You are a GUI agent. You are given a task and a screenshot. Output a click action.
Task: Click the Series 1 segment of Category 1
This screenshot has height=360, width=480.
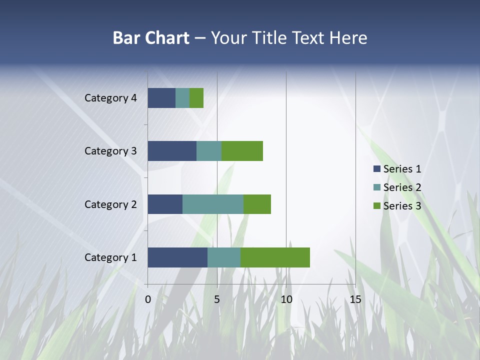click(177, 257)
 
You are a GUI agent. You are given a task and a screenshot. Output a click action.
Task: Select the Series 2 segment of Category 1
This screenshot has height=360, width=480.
click(224, 257)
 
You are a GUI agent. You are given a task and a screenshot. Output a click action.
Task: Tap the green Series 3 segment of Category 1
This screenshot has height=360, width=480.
click(275, 257)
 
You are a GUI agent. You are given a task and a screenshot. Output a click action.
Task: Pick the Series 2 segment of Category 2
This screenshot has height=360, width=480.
click(213, 204)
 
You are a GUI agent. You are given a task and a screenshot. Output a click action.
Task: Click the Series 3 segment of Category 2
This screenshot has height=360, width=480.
click(257, 204)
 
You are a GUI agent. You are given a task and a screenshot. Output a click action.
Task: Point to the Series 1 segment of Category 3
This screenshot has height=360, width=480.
click(172, 151)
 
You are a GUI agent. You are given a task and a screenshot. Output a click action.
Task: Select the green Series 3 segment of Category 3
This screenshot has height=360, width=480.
click(242, 151)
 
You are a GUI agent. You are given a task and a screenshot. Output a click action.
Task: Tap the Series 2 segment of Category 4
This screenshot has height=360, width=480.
click(182, 98)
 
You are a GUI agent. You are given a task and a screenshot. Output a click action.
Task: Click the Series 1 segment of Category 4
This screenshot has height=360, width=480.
click(161, 98)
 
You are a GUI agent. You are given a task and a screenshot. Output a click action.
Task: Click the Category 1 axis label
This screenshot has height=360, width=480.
click(110, 257)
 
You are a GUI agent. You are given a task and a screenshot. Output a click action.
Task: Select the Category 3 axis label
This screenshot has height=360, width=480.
click(110, 151)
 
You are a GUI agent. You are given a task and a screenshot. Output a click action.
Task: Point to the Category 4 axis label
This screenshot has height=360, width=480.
click(110, 98)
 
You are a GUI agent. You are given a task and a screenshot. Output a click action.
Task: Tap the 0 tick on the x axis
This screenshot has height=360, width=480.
click(148, 299)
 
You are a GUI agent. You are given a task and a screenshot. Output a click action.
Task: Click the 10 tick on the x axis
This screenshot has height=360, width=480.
click(286, 299)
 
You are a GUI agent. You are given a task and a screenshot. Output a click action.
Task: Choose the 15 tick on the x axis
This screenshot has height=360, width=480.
click(355, 299)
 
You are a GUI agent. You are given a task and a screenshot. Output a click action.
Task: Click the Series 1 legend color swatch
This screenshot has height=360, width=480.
click(376, 169)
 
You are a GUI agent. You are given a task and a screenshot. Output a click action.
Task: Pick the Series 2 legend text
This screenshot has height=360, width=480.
click(402, 187)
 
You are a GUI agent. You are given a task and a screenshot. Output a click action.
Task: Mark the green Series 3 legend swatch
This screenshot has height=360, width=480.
click(376, 206)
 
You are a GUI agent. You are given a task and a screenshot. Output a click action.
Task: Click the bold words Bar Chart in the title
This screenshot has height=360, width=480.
click(151, 38)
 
